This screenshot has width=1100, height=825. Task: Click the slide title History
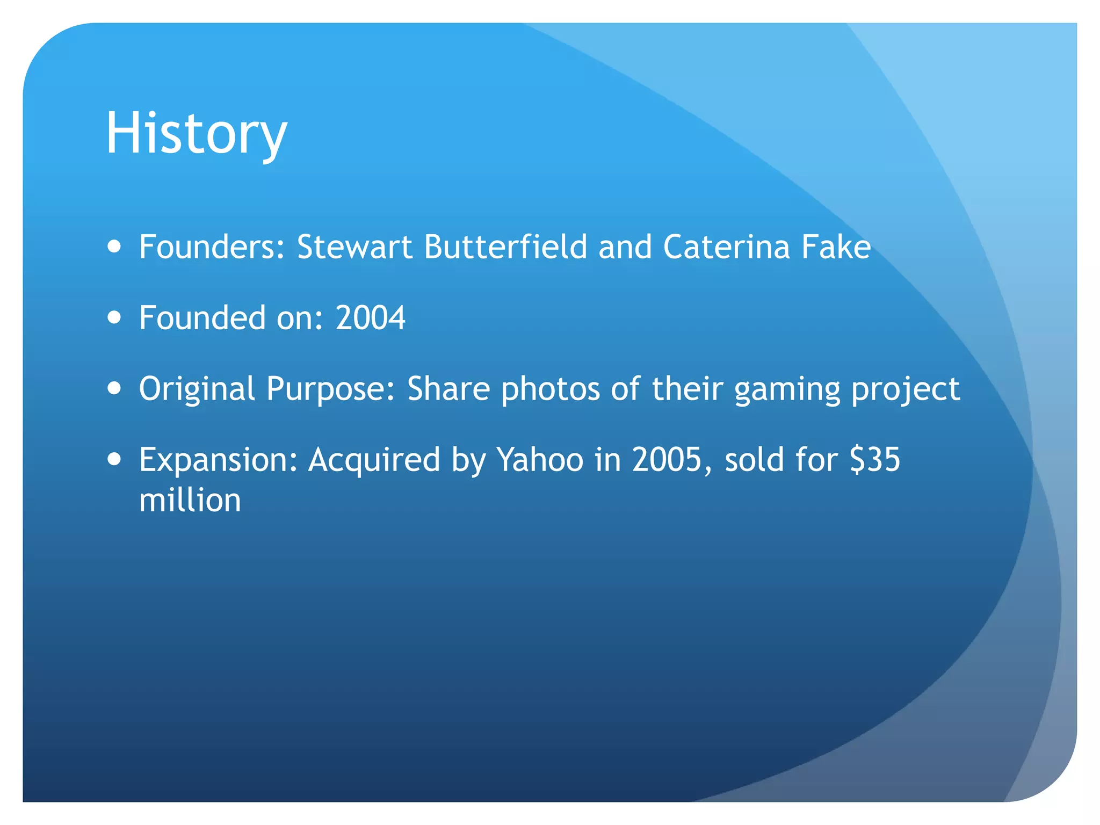point(196,133)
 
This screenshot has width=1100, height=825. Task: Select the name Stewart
point(354,247)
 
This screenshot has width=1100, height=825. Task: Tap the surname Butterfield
point(505,247)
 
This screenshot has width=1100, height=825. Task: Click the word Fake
point(836,247)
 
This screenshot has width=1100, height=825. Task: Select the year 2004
point(370,318)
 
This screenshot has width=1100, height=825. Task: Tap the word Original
point(197,389)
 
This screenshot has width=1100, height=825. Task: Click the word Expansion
point(218,460)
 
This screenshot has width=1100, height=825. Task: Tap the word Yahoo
point(540,460)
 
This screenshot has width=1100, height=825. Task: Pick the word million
point(190,501)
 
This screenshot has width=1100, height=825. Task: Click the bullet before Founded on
point(114,317)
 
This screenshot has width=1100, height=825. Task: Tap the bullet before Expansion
point(114,460)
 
